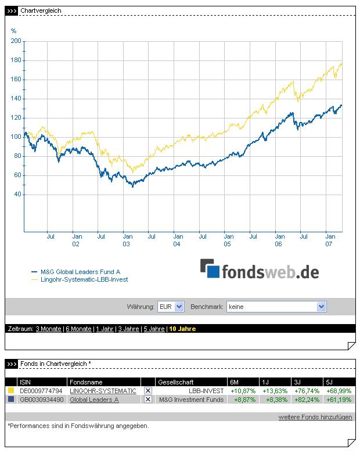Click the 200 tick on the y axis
pos(16,41)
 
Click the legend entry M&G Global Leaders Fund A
pos(80,272)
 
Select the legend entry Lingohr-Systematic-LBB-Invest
pos(84,279)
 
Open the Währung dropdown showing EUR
pos(171,307)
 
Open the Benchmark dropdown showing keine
pos(276,307)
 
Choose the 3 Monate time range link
pos(48,329)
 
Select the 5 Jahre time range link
pos(154,329)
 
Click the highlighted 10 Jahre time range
pos(182,329)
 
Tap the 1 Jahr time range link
pos(105,329)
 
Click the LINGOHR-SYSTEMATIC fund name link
pos(103,391)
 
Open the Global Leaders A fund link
pos(94,400)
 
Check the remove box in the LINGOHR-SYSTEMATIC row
pos(148,391)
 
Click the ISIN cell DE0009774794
pos(41,391)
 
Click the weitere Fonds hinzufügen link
pos(315,417)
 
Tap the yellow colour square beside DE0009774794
pos(10,391)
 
